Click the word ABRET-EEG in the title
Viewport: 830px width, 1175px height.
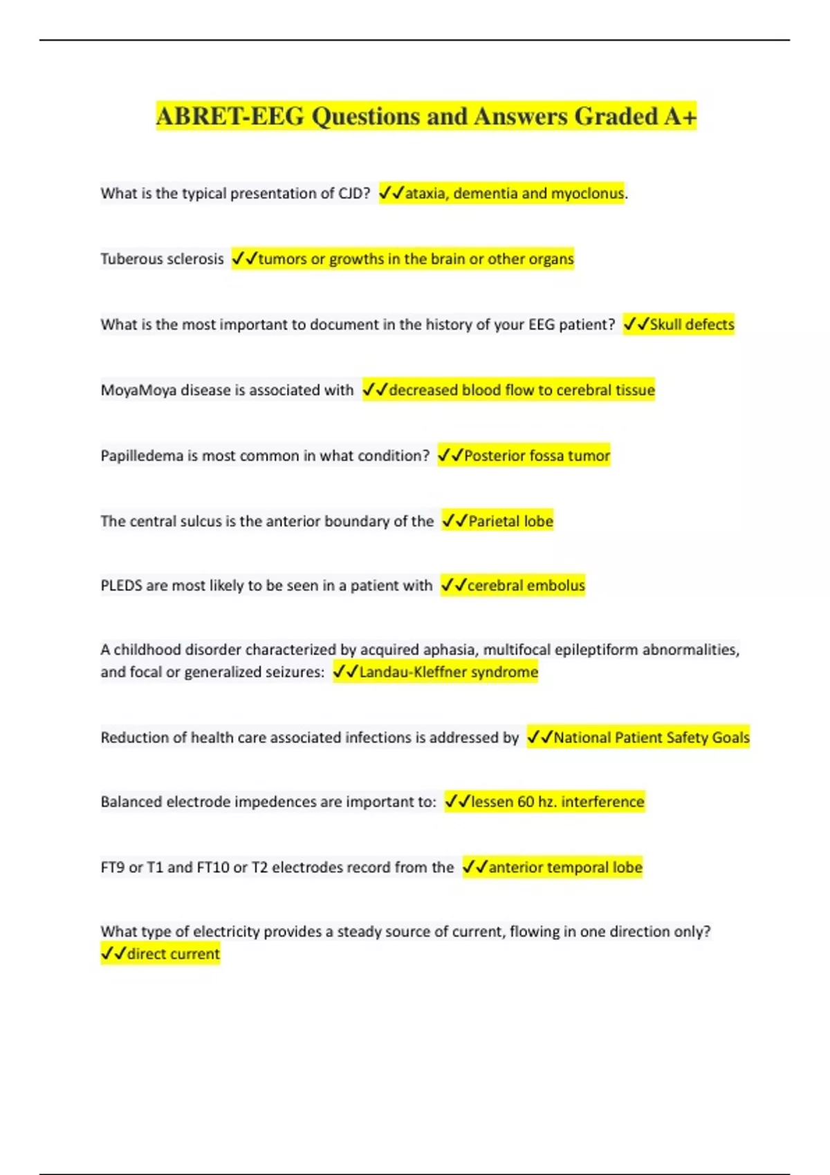pos(230,116)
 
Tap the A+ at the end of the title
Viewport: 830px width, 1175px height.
pos(680,116)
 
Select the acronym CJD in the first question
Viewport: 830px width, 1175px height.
pos(351,194)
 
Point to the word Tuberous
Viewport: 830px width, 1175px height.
pos(127,259)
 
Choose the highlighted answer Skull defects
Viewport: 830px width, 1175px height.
pos(692,324)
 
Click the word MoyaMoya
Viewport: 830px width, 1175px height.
pos(138,391)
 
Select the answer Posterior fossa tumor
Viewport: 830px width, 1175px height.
pos(537,456)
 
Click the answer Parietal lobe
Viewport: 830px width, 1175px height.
pos(510,521)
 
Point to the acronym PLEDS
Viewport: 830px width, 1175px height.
pos(120,586)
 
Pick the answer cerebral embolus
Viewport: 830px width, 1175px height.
pos(526,586)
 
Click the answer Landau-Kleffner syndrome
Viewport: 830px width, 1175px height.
pos(448,672)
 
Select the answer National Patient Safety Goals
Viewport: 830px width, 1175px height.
pos(651,737)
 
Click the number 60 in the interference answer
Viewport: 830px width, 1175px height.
pos(526,802)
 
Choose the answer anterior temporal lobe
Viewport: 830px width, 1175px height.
pos(565,867)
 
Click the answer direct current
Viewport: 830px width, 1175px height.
pos(173,955)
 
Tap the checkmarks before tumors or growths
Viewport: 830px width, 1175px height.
pos(244,259)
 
